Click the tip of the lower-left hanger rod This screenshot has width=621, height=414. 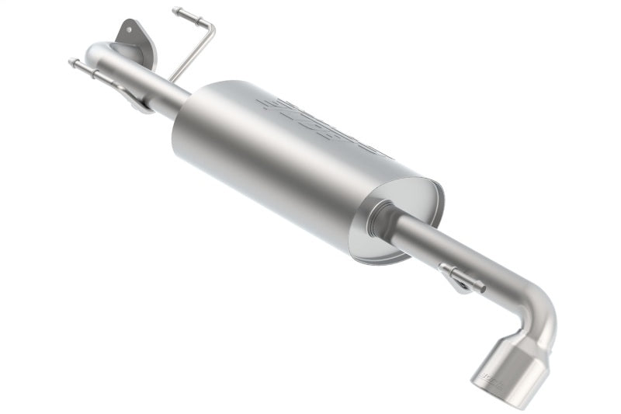(71, 62)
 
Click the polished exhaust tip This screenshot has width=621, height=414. (501, 377)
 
